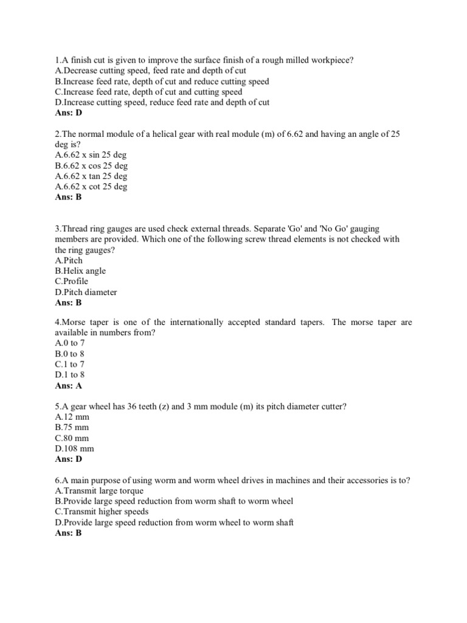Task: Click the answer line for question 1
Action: coord(68,113)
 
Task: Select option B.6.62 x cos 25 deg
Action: coord(91,165)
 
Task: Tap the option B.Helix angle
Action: coord(80,271)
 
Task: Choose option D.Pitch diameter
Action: coord(86,292)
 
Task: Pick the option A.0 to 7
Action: coord(69,343)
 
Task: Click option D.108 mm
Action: coord(74,448)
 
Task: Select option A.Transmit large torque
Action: coord(99,491)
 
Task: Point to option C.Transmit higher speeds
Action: coord(102,512)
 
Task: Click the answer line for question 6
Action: coord(68,533)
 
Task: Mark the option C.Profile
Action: coord(71,281)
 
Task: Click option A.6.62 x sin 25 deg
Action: coord(91,155)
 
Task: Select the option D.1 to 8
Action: coord(69,375)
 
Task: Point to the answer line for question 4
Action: coord(68,386)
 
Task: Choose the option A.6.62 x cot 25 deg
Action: coord(91,187)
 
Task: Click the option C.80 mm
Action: coord(72,438)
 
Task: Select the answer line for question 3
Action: coord(68,302)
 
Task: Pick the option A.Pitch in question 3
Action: coord(69,260)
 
